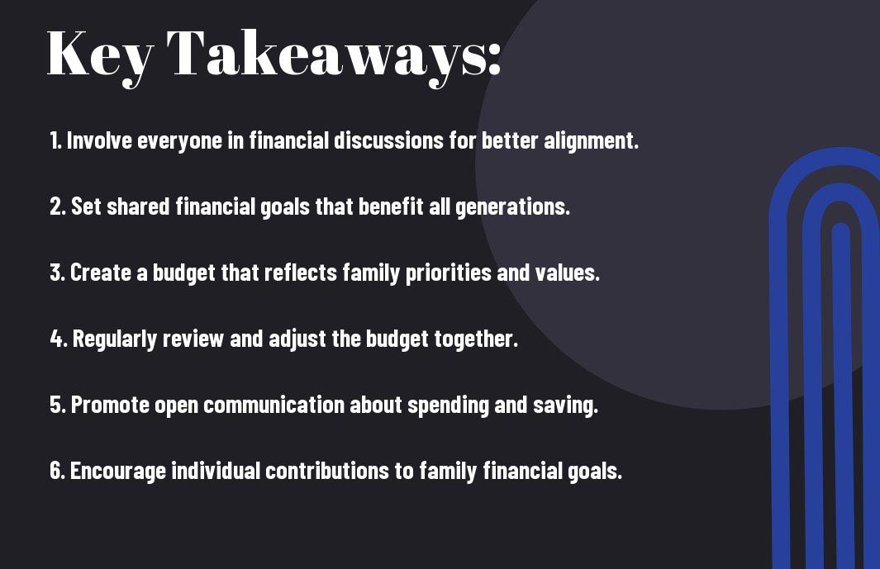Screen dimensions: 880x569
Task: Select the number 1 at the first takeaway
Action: click(55, 140)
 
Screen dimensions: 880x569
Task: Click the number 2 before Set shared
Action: click(57, 206)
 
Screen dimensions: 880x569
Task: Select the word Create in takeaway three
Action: click(101, 273)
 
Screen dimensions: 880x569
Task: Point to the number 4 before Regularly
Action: click(58, 339)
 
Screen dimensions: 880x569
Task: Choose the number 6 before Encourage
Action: click(57, 471)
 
